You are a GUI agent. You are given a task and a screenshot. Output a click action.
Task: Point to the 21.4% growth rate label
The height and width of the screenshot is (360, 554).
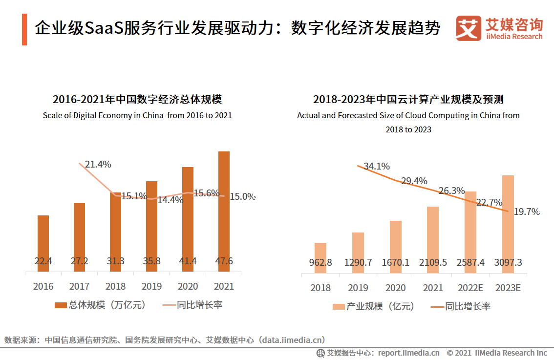point(98,165)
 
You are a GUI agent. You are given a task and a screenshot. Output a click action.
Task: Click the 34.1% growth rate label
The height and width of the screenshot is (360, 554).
point(377,167)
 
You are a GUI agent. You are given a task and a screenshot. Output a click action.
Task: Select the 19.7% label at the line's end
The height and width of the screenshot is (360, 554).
point(527,212)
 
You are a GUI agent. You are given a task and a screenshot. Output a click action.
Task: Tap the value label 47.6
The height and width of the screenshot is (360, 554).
point(224,261)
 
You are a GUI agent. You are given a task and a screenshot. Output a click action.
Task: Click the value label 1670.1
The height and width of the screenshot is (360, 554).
point(396,263)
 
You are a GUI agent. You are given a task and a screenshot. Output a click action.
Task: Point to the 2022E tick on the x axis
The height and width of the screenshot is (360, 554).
point(470,288)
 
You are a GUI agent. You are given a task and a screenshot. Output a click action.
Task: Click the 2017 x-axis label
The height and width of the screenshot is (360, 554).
point(79,286)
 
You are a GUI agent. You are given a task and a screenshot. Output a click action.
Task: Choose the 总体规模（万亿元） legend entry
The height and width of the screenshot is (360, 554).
point(101,305)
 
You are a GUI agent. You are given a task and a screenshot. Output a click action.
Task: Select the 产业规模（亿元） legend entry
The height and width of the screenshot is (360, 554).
point(373,307)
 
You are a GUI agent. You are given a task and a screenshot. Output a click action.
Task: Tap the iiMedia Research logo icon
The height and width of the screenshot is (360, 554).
point(468,29)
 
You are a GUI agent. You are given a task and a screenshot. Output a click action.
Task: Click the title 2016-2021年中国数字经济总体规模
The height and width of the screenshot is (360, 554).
point(137,100)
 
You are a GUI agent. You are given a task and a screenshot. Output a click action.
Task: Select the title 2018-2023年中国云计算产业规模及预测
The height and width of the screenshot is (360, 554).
point(408,100)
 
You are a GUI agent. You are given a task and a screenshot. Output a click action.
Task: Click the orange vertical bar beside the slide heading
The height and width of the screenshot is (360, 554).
point(24,30)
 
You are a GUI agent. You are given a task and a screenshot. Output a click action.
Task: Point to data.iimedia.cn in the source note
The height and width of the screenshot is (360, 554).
point(293,340)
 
